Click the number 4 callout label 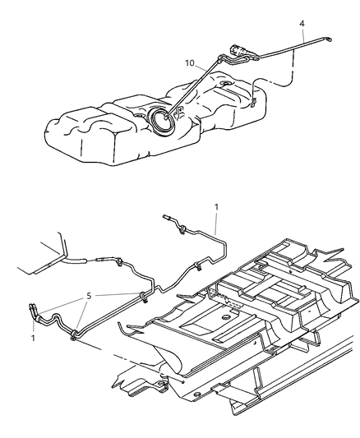click(x=302, y=24)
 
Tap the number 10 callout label click(x=189, y=63)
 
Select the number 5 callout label click(x=89, y=296)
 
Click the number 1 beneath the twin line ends click(x=33, y=338)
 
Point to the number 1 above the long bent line click(x=216, y=207)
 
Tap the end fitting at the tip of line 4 click(x=329, y=39)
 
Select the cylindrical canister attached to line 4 click(x=237, y=51)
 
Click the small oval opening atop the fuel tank click(x=225, y=83)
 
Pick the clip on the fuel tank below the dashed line click(x=254, y=102)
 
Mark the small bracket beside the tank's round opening click(x=178, y=112)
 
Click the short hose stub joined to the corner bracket click(x=76, y=261)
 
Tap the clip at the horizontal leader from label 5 click(x=144, y=297)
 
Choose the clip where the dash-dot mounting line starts click(x=74, y=335)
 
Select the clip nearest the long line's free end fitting click(x=182, y=229)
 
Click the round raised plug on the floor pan click(x=225, y=317)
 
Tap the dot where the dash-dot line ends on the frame click(x=183, y=382)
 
